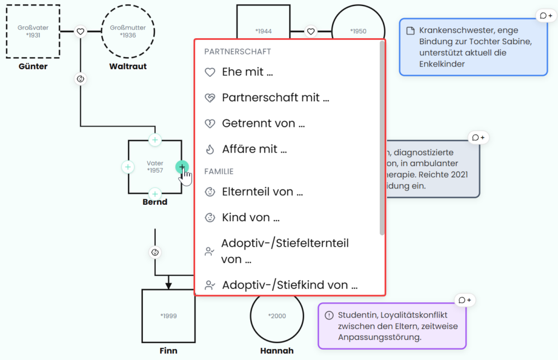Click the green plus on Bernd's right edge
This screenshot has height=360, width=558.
(182, 167)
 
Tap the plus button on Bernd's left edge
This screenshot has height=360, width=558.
(128, 167)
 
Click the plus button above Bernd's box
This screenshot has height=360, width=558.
(155, 140)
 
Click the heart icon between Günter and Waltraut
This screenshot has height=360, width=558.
(81, 31)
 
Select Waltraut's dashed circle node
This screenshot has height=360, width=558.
(128, 5)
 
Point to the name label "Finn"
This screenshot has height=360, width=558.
(168, 351)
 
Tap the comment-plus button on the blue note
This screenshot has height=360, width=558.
(546, 16)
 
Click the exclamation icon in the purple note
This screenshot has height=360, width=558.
(329, 315)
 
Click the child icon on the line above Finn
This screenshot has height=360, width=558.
(155, 253)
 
